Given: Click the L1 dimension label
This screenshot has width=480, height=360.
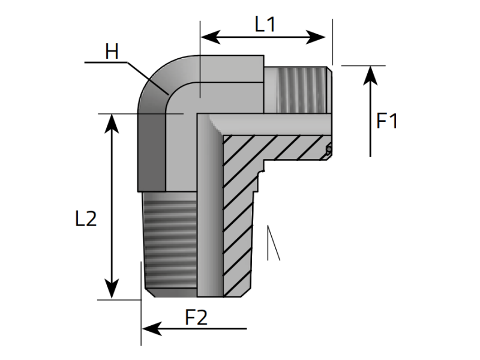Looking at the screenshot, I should (x=265, y=25).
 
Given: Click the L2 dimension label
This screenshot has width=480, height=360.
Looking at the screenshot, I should (x=86, y=218).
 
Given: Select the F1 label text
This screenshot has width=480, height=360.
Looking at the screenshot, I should (x=387, y=121).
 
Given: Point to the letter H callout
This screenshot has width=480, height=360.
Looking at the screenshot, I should (x=112, y=52).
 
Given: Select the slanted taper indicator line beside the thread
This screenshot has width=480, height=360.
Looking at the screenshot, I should (x=275, y=243).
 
